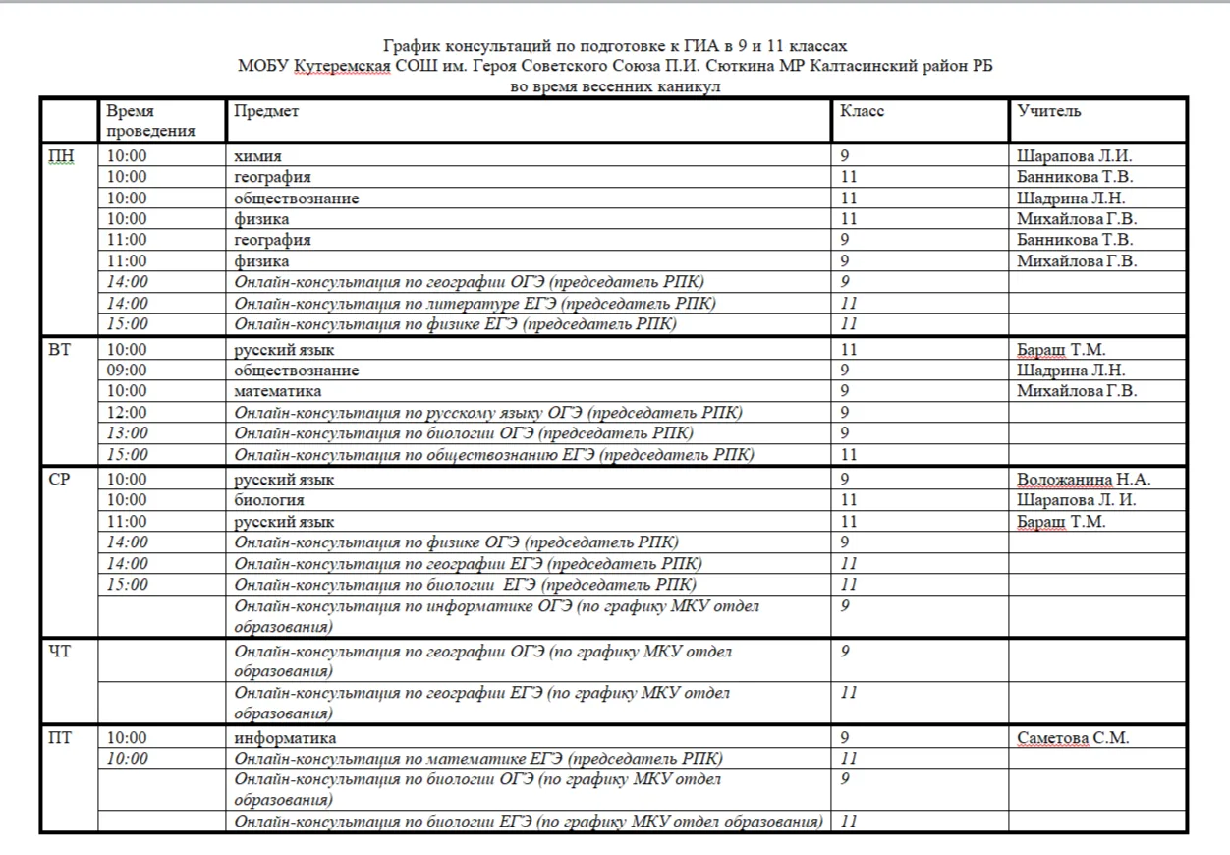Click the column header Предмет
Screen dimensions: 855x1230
point(266,111)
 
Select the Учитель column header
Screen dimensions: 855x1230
point(1049,111)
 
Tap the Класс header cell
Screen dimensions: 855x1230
point(862,111)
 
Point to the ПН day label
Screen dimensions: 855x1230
point(61,155)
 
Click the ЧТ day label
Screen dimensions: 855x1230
point(60,651)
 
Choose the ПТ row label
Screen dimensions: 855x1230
point(60,738)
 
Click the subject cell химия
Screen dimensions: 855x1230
point(257,156)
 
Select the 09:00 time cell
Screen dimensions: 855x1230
point(127,370)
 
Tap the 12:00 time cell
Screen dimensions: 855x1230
point(127,413)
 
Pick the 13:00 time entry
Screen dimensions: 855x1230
point(127,433)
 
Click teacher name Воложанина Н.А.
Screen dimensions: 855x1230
point(1084,480)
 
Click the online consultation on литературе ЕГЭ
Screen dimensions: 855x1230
point(475,304)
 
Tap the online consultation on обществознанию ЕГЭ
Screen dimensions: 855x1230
point(494,455)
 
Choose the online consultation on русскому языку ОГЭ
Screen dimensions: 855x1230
point(488,413)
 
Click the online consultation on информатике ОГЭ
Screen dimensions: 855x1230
point(496,616)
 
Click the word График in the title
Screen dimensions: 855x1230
point(413,46)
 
